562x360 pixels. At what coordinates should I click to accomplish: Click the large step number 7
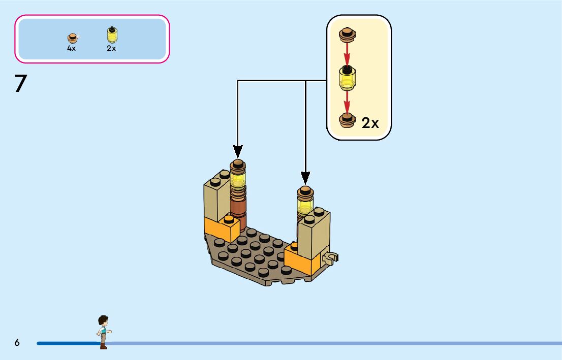pyautogui.click(x=20, y=83)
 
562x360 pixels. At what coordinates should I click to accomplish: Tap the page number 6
pyautogui.click(x=17, y=343)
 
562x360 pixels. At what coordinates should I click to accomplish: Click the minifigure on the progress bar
pyautogui.click(x=104, y=332)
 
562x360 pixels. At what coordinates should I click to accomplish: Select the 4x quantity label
pyautogui.click(x=71, y=49)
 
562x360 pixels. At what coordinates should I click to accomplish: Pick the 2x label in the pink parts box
pyautogui.click(x=111, y=49)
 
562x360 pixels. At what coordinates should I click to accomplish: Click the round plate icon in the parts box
pyautogui.click(x=73, y=37)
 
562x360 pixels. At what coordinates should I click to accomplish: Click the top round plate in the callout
pyautogui.click(x=347, y=34)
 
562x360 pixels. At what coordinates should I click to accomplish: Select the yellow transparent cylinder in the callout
pyautogui.click(x=348, y=77)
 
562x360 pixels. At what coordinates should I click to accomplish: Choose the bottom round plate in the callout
pyautogui.click(x=347, y=120)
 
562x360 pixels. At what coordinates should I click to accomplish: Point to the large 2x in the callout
pyautogui.click(x=370, y=123)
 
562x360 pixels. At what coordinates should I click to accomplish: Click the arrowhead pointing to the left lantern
pyautogui.click(x=238, y=151)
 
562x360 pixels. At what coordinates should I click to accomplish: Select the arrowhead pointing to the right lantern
pyautogui.click(x=305, y=178)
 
